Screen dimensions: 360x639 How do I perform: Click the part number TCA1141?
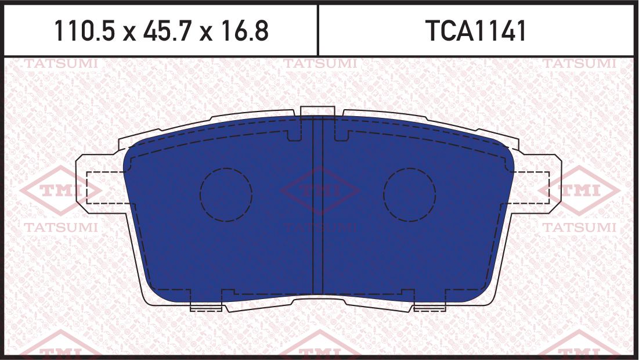click(x=476, y=31)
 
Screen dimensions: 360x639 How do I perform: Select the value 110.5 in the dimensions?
click(x=85, y=31)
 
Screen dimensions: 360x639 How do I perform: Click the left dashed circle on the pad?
click(x=226, y=195)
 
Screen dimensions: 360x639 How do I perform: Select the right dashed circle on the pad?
click(x=409, y=195)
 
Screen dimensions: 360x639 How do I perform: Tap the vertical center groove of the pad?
click(x=317, y=203)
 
